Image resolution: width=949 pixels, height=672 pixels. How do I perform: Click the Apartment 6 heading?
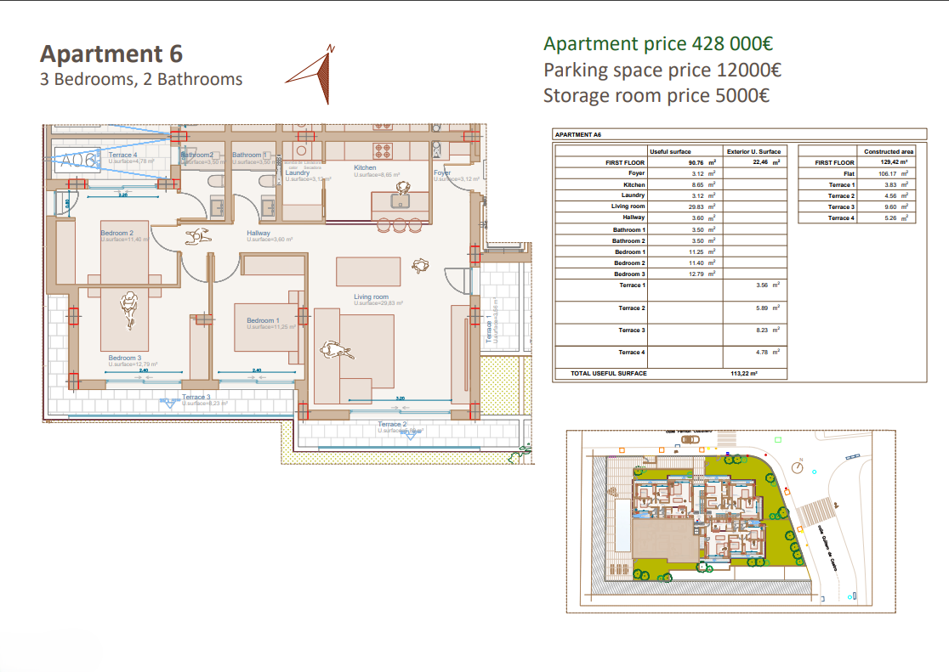coord(111,54)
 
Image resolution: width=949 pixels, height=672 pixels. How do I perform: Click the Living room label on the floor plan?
coord(372,296)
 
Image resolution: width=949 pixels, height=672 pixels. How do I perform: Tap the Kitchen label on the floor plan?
coord(365,168)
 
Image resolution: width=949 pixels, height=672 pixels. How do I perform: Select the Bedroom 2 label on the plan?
coord(116,233)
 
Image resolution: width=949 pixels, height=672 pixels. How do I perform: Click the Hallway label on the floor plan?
coord(259,233)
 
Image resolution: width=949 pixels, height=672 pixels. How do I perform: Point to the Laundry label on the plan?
coord(297,173)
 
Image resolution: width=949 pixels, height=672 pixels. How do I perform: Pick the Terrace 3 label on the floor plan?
coord(196,397)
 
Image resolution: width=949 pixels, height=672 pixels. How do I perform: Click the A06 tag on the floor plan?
coord(77,159)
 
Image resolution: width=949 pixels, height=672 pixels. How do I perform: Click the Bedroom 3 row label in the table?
coord(630,274)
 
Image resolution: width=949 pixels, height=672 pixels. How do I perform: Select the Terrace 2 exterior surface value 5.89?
coord(761,308)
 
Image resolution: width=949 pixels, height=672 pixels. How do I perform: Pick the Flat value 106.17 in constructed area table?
coord(889,173)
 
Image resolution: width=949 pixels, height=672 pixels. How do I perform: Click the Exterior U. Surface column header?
coord(753,151)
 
